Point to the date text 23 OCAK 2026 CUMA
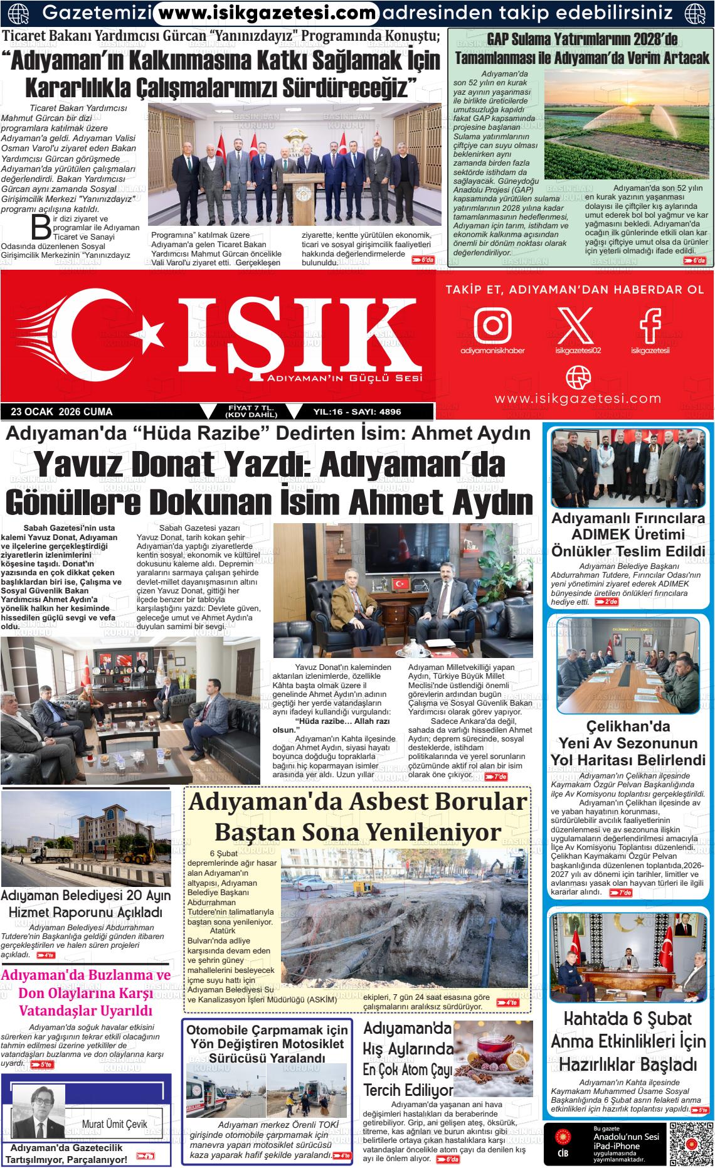[61, 412]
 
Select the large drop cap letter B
[41, 228]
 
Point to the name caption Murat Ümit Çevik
[114, 1123]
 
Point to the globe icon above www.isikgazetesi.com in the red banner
[578, 377]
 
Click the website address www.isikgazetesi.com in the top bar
[267, 13]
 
